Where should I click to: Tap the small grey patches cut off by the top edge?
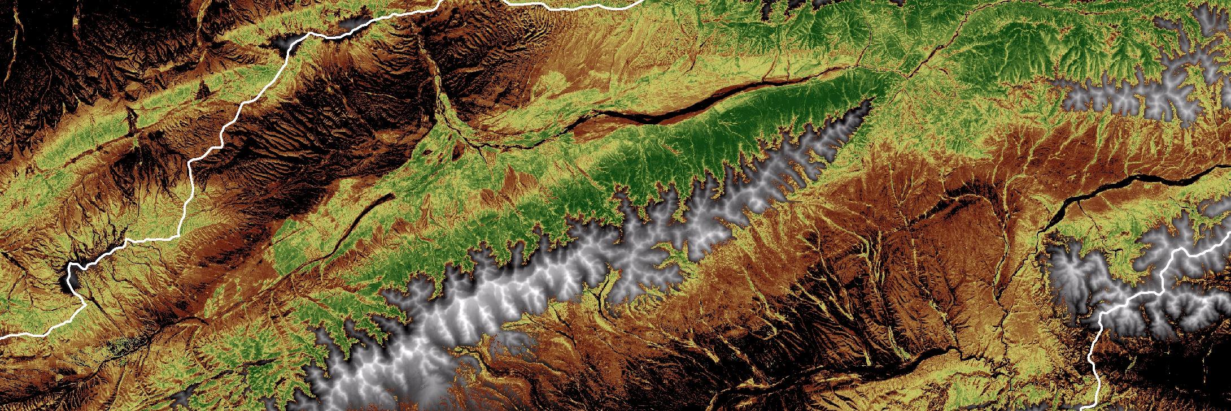click(791, 7)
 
